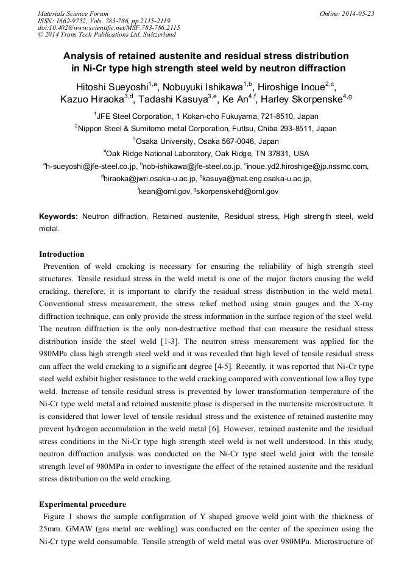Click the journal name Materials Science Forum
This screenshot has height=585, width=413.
click(73, 13)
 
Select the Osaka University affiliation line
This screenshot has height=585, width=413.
click(206, 141)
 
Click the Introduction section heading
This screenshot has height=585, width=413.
click(62, 254)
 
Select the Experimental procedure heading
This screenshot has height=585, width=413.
click(82, 504)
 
